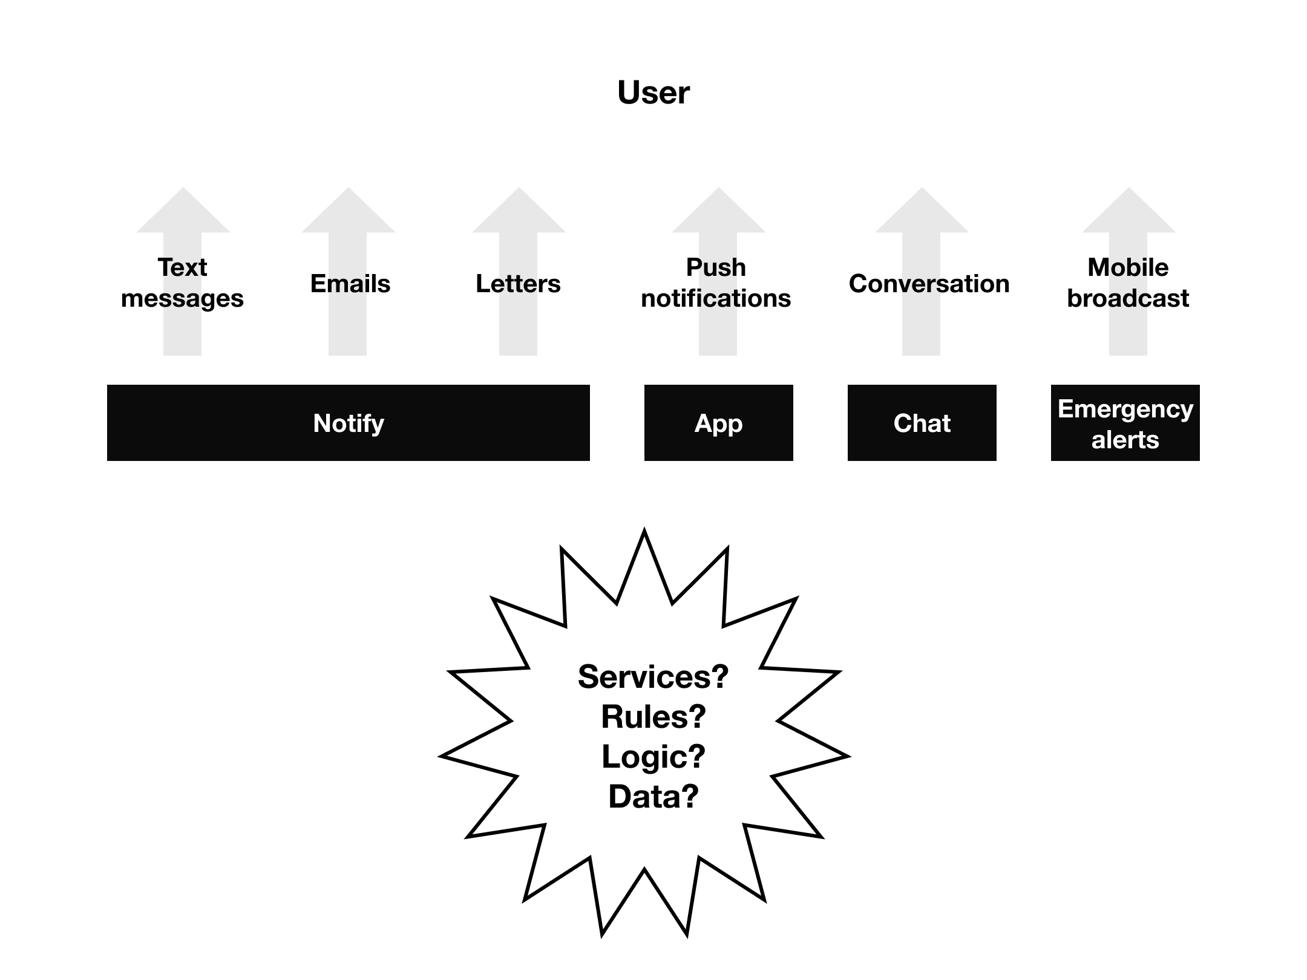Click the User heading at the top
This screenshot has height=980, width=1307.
point(653,93)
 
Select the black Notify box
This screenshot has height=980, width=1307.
point(348,423)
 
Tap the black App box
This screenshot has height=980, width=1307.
point(718,423)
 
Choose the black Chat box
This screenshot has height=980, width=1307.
point(922,423)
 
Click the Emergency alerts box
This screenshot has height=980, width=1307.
point(1125,423)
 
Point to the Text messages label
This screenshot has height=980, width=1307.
point(182,283)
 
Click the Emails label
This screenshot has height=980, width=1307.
point(350,284)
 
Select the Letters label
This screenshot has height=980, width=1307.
point(518,284)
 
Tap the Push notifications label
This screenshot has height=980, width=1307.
point(716,283)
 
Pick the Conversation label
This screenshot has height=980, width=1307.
point(929,284)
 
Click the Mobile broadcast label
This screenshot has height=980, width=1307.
point(1128,283)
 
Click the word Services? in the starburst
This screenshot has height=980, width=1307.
point(653,676)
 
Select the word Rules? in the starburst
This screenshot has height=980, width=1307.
point(653,716)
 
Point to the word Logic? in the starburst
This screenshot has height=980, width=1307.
point(653,756)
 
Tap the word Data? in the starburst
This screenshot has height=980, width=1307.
point(653,796)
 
